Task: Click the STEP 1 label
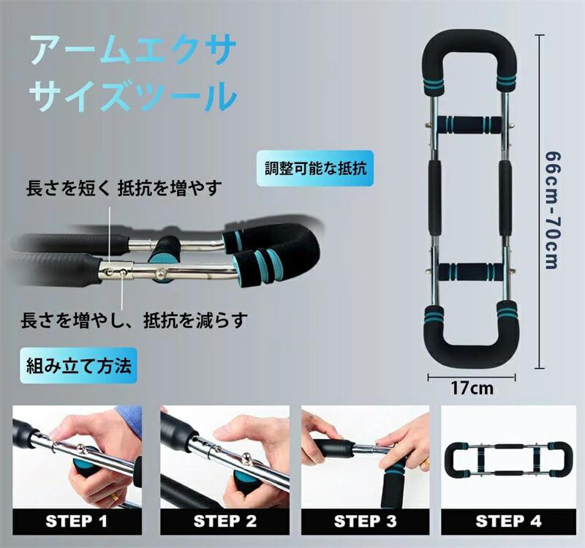coord(77,521)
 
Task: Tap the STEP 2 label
coord(225,521)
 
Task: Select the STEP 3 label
coord(365,521)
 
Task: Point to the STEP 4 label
coord(508,521)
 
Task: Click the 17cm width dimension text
coord(472,389)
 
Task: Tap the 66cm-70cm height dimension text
coord(552,210)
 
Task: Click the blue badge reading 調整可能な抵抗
coord(315,168)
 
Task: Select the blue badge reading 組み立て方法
coord(79,366)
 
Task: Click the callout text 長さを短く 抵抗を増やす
coord(124,188)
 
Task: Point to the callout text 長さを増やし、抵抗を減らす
coord(134,320)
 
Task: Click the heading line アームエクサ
coord(132,50)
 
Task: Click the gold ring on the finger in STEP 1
coord(116,497)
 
